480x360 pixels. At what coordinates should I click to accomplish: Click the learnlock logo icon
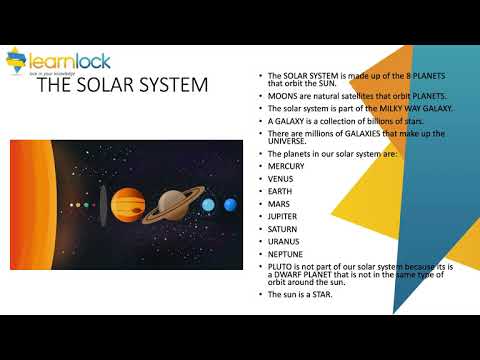pos(18,61)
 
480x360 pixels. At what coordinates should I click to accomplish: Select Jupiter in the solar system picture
pos(126,205)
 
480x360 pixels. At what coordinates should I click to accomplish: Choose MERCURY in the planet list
pos(287,166)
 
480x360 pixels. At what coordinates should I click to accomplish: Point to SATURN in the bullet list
pos(284,229)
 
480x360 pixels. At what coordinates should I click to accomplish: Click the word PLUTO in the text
pos(279,267)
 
